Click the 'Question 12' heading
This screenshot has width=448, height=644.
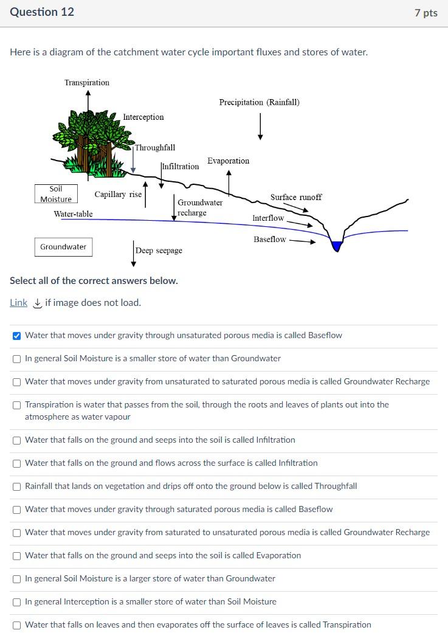tap(42, 12)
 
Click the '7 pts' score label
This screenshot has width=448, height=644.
tap(426, 13)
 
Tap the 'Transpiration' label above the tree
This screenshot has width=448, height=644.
tap(87, 83)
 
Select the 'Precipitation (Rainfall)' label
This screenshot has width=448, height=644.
tap(259, 102)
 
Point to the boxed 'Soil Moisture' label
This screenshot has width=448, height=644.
tap(56, 194)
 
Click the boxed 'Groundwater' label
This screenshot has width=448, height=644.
tap(63, 247)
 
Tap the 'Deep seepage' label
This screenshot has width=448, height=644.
tap(159, 251)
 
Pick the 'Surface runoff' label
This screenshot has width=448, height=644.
tap(296, 197)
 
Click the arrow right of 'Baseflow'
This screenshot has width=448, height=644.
tap(302, 241)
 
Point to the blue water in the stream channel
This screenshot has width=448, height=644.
tap(336, 245)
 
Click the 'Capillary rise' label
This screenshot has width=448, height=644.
tap(118, 195)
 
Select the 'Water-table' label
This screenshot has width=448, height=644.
tap(73, 214)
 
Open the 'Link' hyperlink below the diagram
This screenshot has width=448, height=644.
tap(18, 303)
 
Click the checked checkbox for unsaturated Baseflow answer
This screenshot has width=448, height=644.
tap(17, 336)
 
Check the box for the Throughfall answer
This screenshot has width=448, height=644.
tap(17, 486)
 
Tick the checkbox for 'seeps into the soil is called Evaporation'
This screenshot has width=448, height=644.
tap(17, 556)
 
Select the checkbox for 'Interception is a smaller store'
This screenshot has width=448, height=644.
tap(17, 602)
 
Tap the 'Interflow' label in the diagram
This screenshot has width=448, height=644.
tap(268, 218)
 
